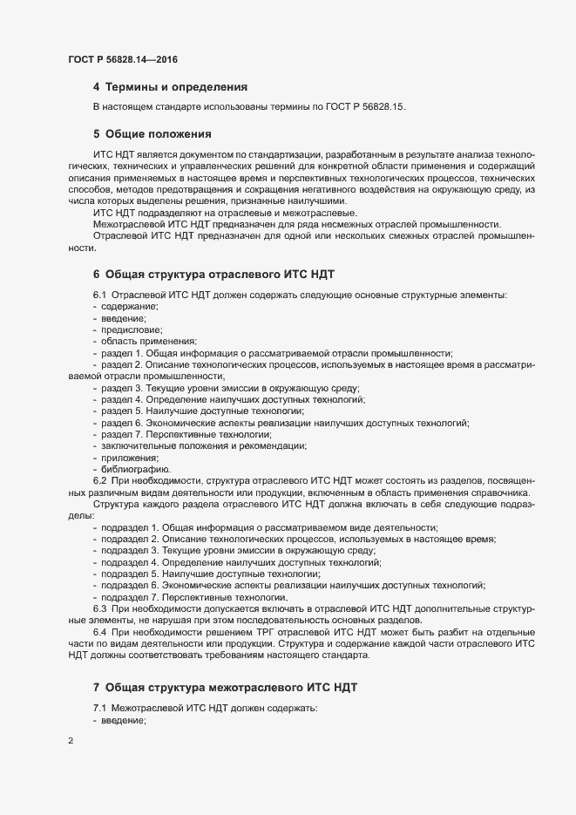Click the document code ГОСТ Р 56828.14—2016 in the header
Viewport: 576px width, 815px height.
[124, 58]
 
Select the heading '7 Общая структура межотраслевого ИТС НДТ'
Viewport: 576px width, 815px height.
[224, 688]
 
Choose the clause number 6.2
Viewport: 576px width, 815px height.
[99, 480]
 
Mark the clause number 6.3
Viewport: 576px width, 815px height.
[99, 608]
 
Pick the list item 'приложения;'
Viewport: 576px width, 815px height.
[130, 458]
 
